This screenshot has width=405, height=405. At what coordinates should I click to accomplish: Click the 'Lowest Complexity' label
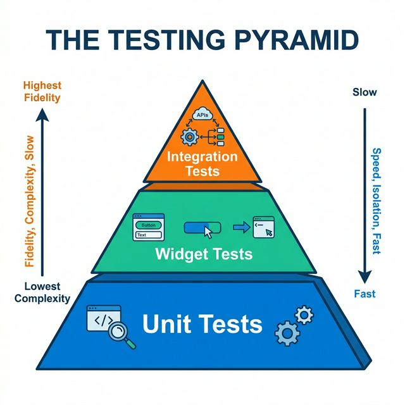point(43,292)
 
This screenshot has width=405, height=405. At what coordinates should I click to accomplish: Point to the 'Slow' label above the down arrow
point(364,92)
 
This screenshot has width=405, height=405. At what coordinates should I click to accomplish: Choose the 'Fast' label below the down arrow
point(364,294)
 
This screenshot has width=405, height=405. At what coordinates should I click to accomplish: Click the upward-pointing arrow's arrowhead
point(42,113)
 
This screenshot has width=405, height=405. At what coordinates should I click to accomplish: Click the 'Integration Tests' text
point(203,163)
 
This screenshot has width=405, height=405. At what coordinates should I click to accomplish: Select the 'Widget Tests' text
point(203,254)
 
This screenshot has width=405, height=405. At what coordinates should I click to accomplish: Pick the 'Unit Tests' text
point(202,324)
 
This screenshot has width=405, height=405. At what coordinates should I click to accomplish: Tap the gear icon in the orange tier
point(189,137)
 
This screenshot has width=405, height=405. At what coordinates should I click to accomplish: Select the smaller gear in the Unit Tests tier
point(304,315)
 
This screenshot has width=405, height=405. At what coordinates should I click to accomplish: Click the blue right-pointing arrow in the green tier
point(241,226)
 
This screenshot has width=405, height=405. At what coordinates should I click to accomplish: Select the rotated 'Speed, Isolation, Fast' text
point(377,201)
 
